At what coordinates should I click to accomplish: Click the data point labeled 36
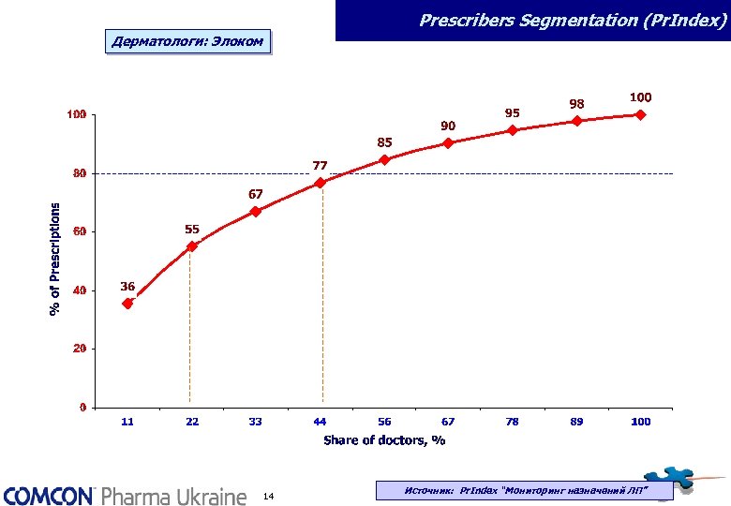(127, 304)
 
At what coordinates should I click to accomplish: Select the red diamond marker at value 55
(192, 246)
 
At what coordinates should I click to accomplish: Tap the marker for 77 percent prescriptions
(321, 183)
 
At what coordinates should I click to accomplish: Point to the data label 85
(384, 142)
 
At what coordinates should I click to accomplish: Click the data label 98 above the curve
(577, 103)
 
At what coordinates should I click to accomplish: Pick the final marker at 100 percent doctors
(640, 115)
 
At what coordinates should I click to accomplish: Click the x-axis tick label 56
(384, 422)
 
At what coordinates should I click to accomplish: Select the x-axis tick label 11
(127, 422)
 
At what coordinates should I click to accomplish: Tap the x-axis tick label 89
(576, 422)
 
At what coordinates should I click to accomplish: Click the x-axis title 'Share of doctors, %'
(384, 439)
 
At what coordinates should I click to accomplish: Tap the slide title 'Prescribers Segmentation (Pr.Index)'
(573, 19)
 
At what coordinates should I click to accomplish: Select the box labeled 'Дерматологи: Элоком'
(187, 42)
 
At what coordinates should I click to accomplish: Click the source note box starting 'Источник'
(525, 490)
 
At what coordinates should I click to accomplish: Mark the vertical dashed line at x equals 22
(190, 328)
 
